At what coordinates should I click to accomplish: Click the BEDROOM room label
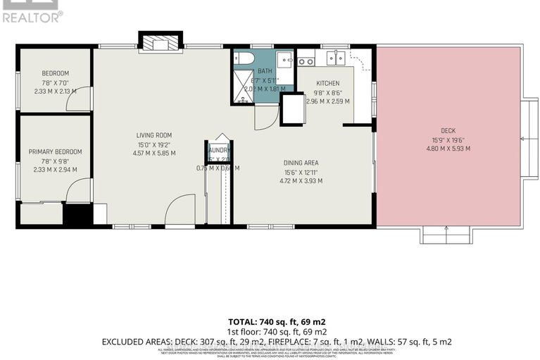point(55,74)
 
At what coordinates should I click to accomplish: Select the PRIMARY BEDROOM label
point(55,151)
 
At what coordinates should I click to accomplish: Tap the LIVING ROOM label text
point(154,135)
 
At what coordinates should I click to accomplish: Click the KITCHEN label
point(327,83)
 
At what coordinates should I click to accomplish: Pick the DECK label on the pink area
point(448,131)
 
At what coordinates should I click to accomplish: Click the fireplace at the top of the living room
point(158,43)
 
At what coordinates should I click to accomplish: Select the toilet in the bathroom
point(244,59)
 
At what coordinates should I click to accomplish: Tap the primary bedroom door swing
point(82,190)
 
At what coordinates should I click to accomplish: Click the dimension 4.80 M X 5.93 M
point(448,149)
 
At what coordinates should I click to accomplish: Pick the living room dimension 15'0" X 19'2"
point(154,144)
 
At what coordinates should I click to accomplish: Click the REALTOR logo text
point(31,17)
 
